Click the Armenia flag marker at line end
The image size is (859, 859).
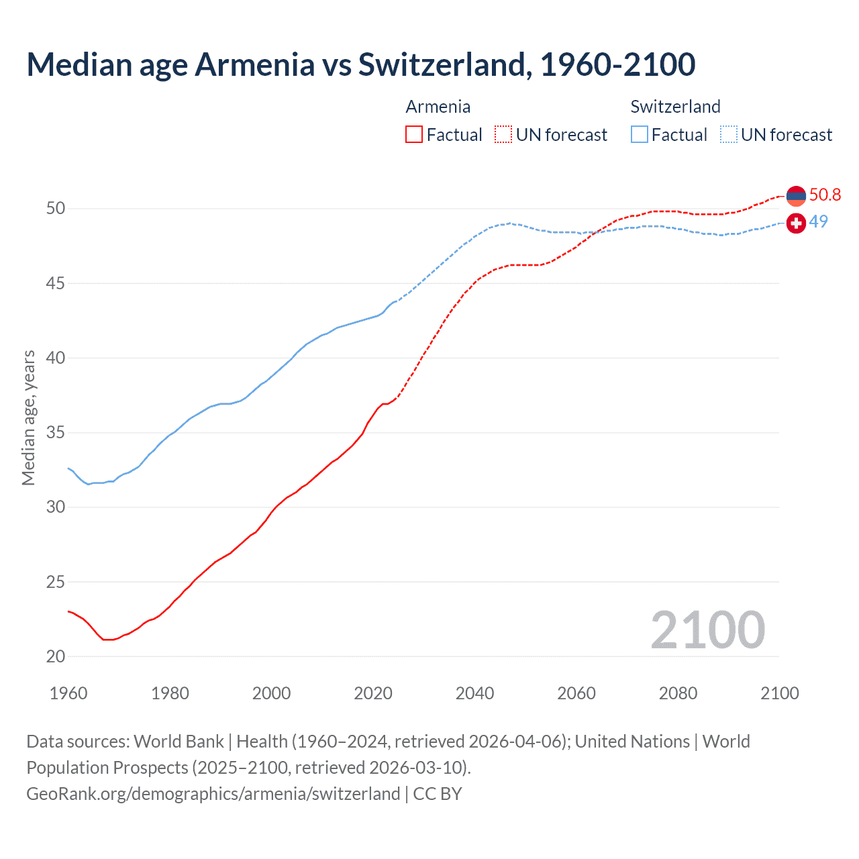(796, 196)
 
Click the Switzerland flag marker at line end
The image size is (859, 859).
(796, 223)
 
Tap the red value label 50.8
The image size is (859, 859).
(825, 195)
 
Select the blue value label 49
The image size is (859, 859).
(818, 221)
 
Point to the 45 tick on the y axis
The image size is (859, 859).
(56, 283)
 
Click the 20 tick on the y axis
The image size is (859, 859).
(56, 656)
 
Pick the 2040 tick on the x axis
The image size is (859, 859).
(474, 693)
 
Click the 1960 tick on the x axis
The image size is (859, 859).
(68, 693)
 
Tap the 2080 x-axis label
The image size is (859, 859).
(678, 693)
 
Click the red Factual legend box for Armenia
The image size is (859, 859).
(414, 135)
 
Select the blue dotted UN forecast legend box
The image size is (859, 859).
(729, 135)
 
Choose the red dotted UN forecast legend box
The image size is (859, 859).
(503, 135)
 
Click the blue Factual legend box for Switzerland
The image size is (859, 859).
(640, 135)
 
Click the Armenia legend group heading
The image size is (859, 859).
(438, 107)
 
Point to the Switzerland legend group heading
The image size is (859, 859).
(675, 107)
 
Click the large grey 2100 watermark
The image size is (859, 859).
(707, 629)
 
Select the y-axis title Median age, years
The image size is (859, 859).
(28, 417)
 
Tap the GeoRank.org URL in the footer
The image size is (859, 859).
(213, 793)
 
